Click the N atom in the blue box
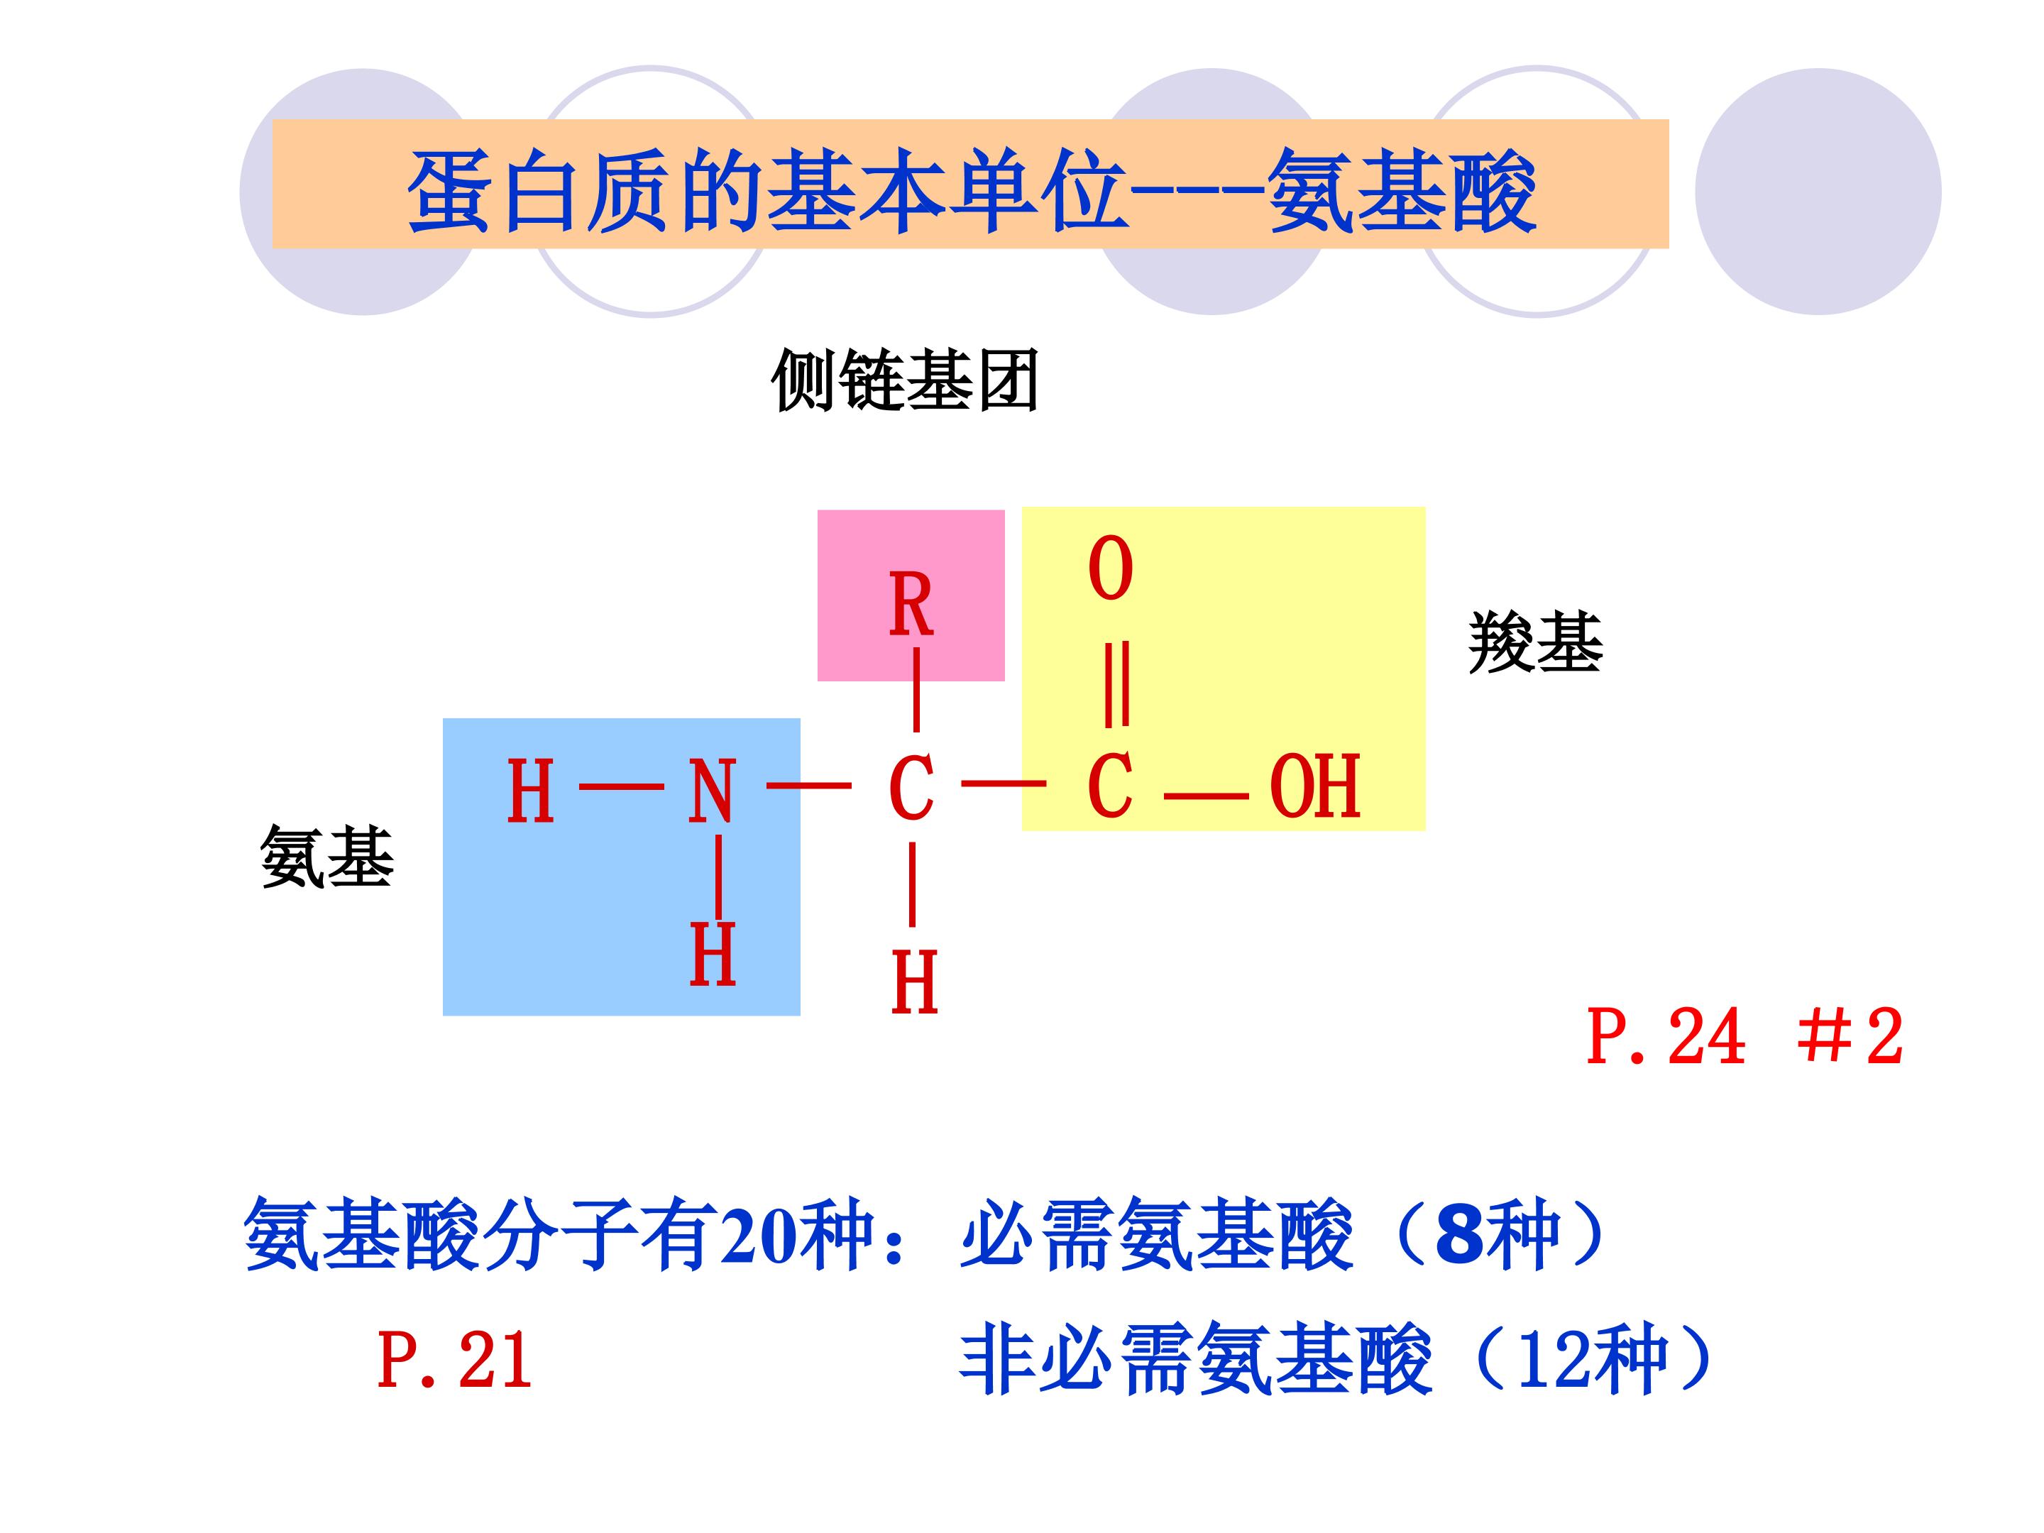click(x=712, y=791)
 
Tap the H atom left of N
click(x=530, y=791)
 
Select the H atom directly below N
click(x=713, y=954)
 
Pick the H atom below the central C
click(x=914, y=982)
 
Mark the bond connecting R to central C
click(x=916, y=689)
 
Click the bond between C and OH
click(x=1206, y=796)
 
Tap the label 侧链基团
click(x=905, y=380)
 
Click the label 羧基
click(x=1535, y=642)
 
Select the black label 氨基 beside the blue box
click(x=327, y=857)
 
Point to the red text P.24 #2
click(x=1744, y=1037)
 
